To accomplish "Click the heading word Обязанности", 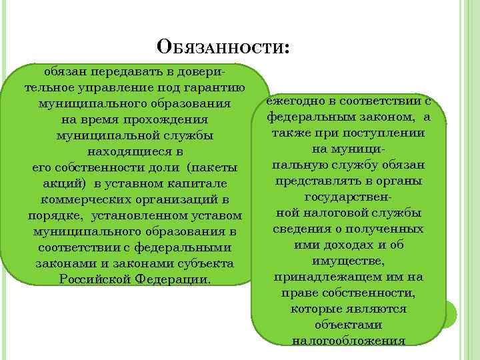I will click(223, 48).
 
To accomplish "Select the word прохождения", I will click(167, 120).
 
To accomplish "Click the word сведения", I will click(300, 229).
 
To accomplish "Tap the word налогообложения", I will click(349, 341).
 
